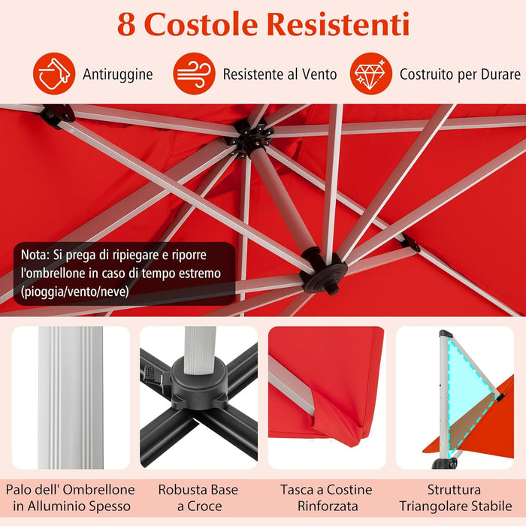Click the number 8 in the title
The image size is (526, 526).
126,24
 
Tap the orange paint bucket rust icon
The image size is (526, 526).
54,74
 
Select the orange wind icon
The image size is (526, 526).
195,74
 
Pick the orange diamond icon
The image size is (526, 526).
371,74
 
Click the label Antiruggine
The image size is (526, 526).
118,74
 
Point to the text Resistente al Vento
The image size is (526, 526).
280,74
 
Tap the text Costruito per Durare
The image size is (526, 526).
460,74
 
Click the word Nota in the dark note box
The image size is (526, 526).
35,255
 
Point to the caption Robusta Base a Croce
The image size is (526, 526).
198,498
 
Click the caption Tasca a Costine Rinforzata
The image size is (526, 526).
328,498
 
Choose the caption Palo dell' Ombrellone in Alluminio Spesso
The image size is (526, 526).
71,498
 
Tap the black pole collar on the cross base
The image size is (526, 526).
198,375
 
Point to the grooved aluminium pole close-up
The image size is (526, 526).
71,398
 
